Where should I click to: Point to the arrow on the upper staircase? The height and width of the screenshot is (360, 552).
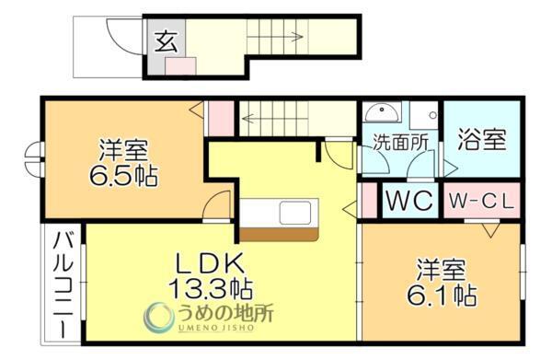[296, 37]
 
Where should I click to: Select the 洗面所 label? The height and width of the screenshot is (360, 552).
[399, 142]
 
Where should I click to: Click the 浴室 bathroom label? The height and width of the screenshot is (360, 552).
[480, 142]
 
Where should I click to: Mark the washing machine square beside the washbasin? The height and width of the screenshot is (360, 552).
[423, 116]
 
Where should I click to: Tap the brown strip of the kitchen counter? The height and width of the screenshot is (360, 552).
[280, 234]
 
